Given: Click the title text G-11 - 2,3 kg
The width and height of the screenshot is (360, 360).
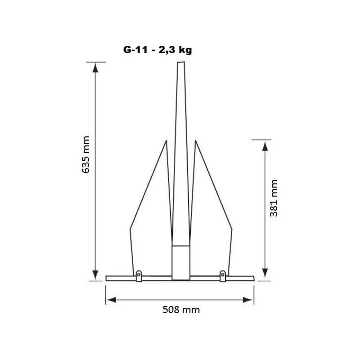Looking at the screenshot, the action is click(157, 50).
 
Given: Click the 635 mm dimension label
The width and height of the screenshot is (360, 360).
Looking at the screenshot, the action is click(86, 154).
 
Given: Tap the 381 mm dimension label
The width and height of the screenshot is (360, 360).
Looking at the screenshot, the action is click(274, 198).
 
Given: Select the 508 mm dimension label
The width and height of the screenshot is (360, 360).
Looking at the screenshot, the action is click(181, 310).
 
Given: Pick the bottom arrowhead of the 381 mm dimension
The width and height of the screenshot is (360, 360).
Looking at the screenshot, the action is click(265, 273).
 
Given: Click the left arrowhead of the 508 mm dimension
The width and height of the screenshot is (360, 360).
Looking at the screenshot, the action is click(112, 300).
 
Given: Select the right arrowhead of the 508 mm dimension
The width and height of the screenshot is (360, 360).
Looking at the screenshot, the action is click(247, 300).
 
